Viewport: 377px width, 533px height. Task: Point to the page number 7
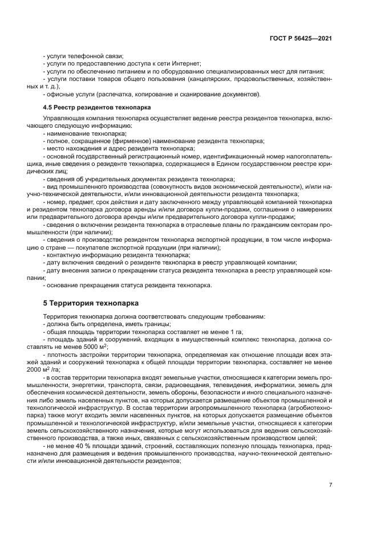pos(330,485)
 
